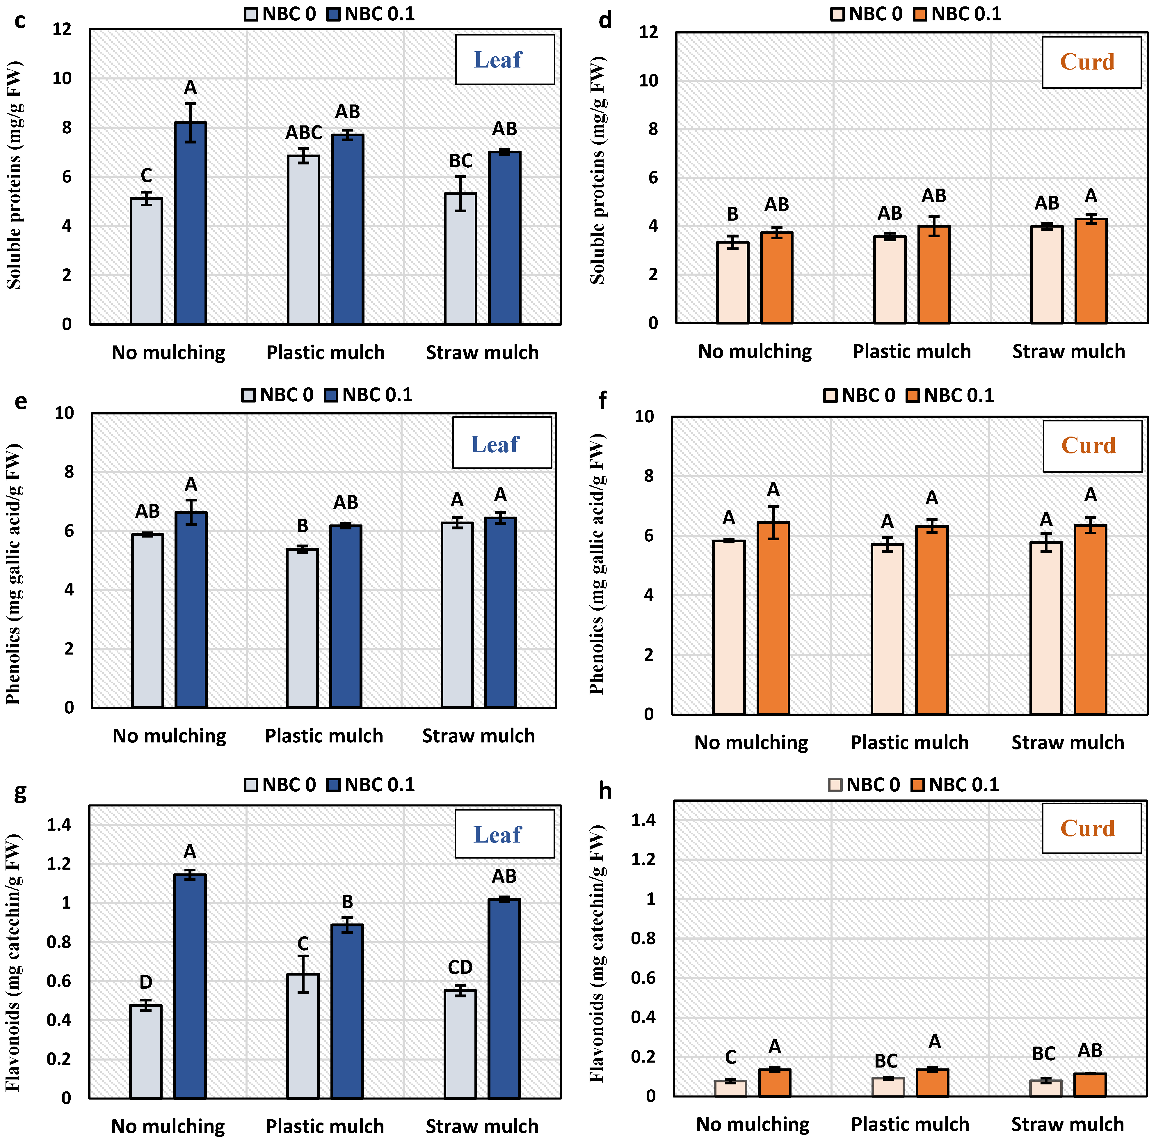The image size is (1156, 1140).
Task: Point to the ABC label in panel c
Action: point(303,132)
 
